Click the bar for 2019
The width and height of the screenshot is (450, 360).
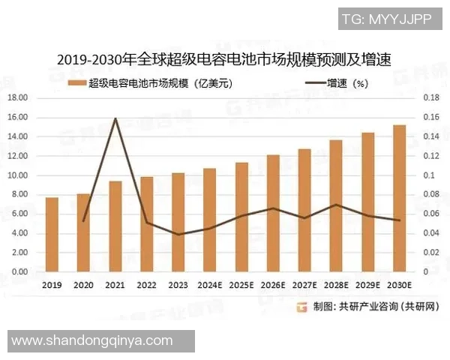tap(52, 235)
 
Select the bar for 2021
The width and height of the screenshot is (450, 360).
tap(115, 226)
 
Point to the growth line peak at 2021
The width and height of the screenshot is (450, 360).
tap(115, 118)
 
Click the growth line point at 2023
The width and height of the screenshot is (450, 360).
tap(178, 234)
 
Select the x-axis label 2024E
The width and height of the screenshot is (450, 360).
tap(210, 285)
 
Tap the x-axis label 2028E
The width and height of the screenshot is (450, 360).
tap(336, 285)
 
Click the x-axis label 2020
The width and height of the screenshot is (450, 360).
tap(83, 285)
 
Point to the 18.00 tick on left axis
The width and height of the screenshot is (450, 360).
tap(18, 98)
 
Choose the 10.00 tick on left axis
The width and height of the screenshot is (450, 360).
tap(18, 175)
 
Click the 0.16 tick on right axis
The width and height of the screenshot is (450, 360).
tap(428, 118)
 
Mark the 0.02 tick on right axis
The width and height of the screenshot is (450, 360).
tap(428, 253)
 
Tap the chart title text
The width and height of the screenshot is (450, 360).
tap(225, 58)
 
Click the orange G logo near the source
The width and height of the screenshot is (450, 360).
tap(301, 307)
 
